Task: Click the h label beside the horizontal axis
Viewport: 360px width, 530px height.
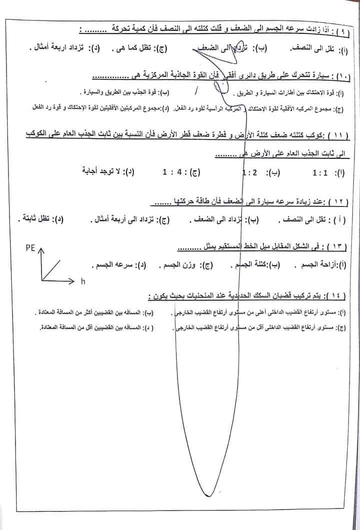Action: tap(83, 282)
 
